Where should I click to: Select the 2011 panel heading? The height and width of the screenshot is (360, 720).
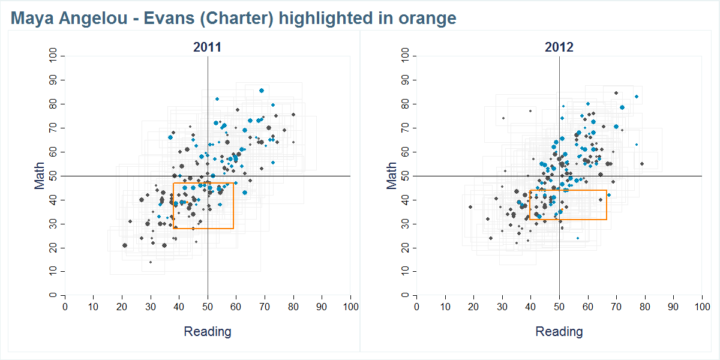coord(207,47)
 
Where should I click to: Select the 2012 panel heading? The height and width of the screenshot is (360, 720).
coord(559,47)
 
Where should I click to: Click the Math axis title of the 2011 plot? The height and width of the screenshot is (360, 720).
coord(40,176)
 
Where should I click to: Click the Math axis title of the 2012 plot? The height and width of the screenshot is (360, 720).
coord(392,176)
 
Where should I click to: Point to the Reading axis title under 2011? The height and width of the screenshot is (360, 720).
coord(207,332)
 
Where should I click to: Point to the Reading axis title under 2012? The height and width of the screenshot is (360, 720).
coord(559,332)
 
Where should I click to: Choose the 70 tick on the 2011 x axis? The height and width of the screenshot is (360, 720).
coord(265,307)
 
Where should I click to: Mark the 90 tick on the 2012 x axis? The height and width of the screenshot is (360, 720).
coord(673,307)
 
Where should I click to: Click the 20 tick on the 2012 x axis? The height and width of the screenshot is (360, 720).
coord(474,307)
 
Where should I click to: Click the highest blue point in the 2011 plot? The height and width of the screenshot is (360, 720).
coord(262,91)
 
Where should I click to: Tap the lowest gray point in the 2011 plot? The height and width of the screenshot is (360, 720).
coord(151,262)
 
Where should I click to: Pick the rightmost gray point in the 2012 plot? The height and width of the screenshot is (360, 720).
coord(641,164)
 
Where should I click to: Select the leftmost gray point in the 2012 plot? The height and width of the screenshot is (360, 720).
coord(470,207)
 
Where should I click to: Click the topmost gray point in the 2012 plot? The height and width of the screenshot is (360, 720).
coord(616,93)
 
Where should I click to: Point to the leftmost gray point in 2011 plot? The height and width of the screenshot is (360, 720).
coord(125,245)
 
